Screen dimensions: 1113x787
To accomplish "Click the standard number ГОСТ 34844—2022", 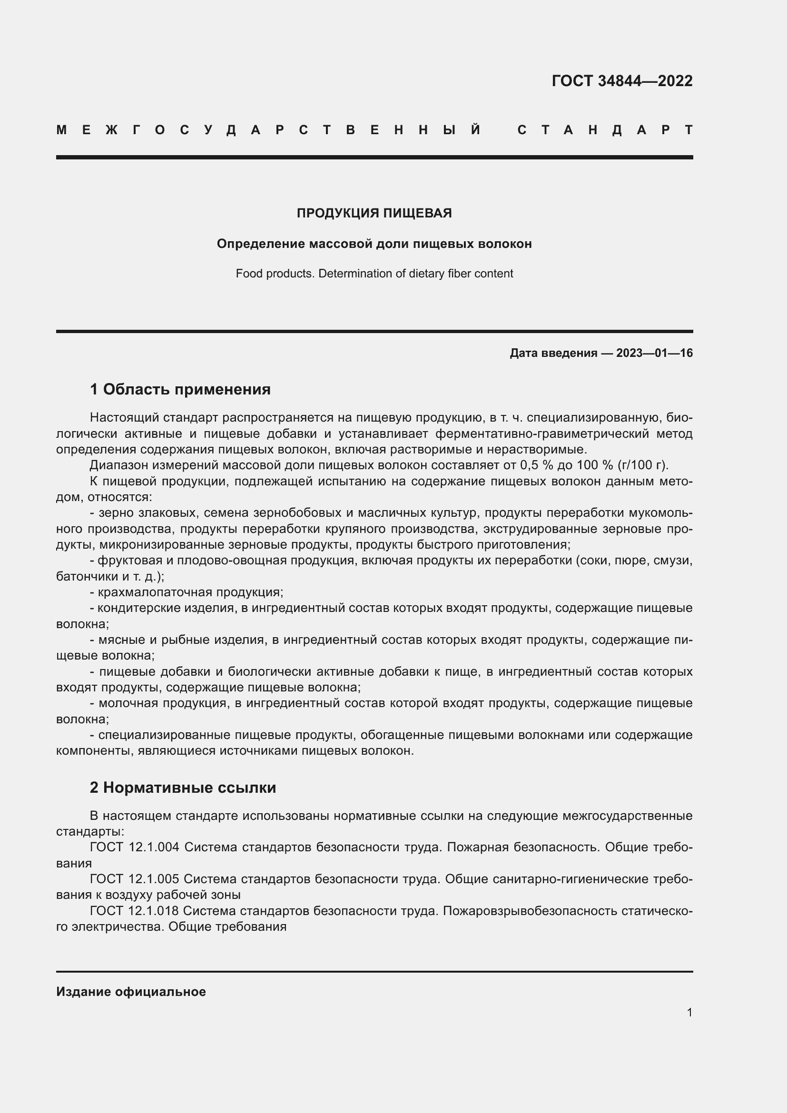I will click(x=622, y=80).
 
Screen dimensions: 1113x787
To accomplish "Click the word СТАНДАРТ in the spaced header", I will click(x=605, y=130).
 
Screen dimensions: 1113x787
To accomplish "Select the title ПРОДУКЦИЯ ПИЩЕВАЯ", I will click(x=374, y=213).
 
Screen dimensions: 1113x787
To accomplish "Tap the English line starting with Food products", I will click(x=374, y=274).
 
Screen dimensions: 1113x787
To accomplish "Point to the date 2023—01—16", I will click(x=654, y=353).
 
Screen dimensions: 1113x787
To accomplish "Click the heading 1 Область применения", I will click(x=180, y=389).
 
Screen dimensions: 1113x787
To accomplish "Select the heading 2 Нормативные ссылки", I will click(x=183, y=787).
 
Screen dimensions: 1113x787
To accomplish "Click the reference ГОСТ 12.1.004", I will click(x=134, y=847).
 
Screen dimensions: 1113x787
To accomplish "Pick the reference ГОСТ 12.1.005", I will click(x=134, y=878).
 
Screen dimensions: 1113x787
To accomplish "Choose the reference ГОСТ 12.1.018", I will click(x=134, y=911).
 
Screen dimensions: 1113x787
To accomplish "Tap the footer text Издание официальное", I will click(x=131, y=991).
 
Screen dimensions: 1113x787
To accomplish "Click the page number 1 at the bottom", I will click(x=689, y=1012).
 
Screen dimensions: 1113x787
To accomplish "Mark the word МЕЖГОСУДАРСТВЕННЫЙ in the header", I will click(x=269, y=130).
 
